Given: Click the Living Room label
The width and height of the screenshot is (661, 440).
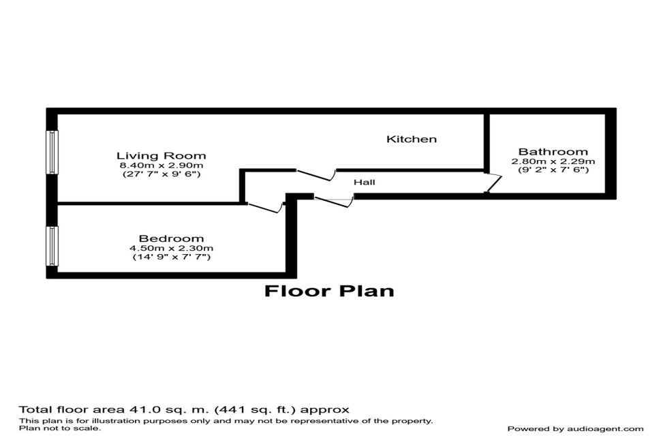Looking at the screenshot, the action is coord(161,156).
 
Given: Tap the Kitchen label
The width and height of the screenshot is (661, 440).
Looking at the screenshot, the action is coord(412,139).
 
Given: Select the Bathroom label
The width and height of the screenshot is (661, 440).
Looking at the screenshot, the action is coord(553,152).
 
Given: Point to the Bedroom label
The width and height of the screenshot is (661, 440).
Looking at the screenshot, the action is coord(171,238).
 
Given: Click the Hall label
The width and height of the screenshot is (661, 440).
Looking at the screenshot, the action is coord(364,183).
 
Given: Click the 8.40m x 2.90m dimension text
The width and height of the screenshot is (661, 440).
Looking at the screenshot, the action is coord(162,166).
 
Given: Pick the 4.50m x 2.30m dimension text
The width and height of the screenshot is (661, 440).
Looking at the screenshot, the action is coord(172,248).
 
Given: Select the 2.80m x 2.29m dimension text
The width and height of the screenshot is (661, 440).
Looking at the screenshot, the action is coord(553,161).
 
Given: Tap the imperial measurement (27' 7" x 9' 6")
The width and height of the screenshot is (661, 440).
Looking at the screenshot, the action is coord(162,174).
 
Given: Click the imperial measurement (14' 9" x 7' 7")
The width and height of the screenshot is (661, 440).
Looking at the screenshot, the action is coord(172,256).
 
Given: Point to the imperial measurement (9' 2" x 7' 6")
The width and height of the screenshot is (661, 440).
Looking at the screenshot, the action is coord(553,170).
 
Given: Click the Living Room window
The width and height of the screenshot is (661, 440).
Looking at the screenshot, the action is coord(52,152).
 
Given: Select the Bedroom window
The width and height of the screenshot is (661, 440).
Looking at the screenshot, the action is coord(52,246).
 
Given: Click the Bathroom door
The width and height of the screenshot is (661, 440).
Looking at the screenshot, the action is coord(493,183).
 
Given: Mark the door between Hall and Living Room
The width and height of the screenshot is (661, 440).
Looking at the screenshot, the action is coord(316,175).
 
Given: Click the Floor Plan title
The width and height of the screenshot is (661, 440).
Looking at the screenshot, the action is coord(329,291).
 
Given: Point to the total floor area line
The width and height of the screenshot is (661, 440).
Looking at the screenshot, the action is coord(184,409).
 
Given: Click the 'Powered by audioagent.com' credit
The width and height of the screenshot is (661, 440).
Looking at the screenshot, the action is coord(575,429).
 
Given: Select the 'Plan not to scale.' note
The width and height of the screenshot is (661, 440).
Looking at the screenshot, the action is coord(60,428).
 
